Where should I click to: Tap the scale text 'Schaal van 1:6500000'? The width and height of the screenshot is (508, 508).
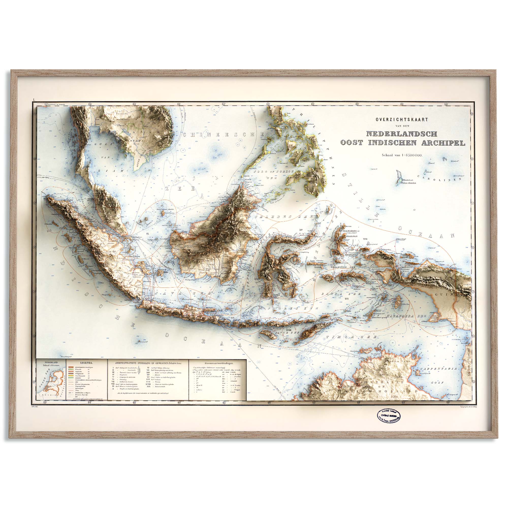[x=402, y=155]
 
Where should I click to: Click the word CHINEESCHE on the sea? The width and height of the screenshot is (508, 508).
[x=224, y=135]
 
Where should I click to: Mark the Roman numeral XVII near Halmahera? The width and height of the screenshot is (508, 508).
[x=365, y=239]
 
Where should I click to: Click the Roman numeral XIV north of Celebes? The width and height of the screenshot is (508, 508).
[x=301, y=230]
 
